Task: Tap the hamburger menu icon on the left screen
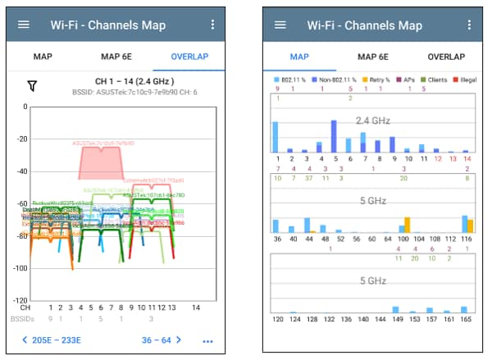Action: (24, 25)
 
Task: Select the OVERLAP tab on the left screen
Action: (189, 57)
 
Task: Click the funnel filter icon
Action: (32, 86)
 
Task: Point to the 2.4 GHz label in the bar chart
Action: (372, 120)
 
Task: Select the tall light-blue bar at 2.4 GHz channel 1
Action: (276, 137)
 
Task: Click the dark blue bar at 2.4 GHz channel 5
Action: (334, 136)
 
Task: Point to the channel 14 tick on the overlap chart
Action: (195, 307)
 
